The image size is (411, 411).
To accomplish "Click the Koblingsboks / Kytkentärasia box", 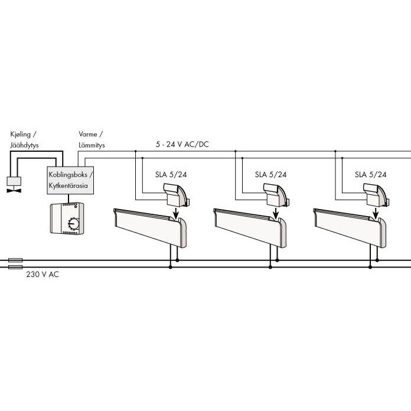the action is click(x=70, y=180).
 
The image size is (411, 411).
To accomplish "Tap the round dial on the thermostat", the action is click(x=74, y=224).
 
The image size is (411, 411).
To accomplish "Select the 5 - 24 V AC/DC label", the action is click(x=182, y=144).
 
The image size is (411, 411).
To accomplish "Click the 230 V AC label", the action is click(x=43, y=275).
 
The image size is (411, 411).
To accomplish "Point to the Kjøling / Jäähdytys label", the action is click(x=24, y=140).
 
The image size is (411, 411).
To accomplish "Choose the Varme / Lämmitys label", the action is click(x=92, y=140).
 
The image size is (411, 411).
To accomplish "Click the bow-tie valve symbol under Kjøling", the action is click(x=14, y=191).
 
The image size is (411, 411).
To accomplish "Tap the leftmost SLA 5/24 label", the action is click(x=171, y=175).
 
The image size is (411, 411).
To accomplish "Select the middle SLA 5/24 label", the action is click(x=271, y=175).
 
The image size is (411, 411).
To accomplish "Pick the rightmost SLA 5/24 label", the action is click(x=371, y=175).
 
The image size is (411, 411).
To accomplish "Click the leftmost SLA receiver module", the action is click(x=176, y=194).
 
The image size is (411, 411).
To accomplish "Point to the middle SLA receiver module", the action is click(x=276, y=194).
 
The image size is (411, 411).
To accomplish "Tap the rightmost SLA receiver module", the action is click(x=376, y=194).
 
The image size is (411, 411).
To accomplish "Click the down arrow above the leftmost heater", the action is click(x=176, y=213).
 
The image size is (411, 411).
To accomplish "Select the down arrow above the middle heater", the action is click(x=276, y=213).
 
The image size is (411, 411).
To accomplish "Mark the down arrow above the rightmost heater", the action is click(x=376, y=213).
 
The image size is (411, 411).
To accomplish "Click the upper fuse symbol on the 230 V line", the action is click(x=15, y=260).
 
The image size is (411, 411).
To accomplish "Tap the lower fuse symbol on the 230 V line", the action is click(x=15, y=267).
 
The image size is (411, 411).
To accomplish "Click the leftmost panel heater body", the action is click(x=150, y=227).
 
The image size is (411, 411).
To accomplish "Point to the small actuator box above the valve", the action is click(x=14, y=181).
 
